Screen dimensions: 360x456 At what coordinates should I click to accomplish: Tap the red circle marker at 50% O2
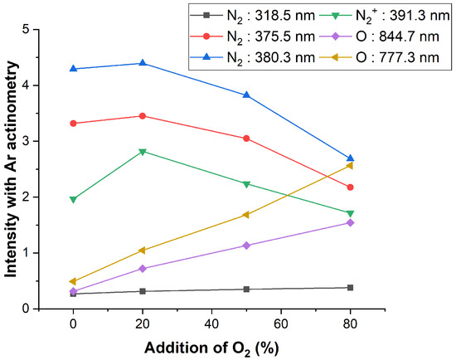pyautogui.click(x=246, y=139)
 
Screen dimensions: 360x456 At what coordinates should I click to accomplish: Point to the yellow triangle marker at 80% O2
pyautogui.click(x=350, y=165)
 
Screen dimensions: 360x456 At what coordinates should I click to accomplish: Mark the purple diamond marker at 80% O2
pyautogui.click(x=350, y=222)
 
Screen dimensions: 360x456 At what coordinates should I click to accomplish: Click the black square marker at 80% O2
pyautogui.click(x=350, y=288)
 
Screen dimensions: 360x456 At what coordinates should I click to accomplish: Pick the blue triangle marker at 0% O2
pyautogui.click(x=73, y=69)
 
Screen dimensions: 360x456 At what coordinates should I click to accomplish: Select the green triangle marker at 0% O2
pyautogui.click(x=73, y=199)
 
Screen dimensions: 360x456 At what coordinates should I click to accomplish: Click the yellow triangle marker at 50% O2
pyautogui.click(x=246, y=215)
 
